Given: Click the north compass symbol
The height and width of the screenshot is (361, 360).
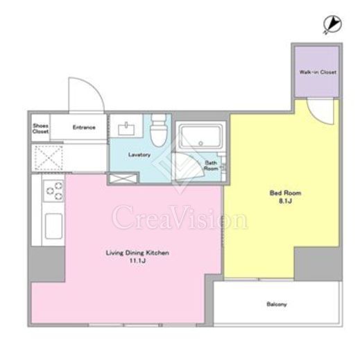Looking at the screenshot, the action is point(332,24).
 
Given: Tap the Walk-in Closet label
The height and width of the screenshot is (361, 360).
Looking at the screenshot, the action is point(318,72).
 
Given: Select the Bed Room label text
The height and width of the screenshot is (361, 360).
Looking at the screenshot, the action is point(285,193).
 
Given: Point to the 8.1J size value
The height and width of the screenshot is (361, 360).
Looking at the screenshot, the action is point(285,201).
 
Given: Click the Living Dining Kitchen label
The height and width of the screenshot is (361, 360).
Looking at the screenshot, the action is point(137,253).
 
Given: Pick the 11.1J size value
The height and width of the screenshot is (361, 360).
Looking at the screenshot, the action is point(137,261).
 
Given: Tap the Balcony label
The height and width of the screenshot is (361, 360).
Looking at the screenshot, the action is point(277,304).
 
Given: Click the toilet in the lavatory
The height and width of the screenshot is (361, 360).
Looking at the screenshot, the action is point(159,131).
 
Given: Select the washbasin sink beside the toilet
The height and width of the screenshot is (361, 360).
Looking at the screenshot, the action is point(126,128).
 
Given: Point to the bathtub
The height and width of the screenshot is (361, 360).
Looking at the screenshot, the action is point(200,136).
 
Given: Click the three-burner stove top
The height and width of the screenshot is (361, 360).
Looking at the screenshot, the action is point(53,191).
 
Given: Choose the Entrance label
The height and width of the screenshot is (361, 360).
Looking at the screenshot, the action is point(84,127).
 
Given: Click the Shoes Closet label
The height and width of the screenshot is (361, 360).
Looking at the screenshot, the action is point(40,128).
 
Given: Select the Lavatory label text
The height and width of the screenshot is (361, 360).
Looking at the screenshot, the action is point(139,155).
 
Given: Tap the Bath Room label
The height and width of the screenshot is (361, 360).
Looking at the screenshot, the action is point(211,165).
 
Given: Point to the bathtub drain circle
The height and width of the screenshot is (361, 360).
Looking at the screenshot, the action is point(200,144).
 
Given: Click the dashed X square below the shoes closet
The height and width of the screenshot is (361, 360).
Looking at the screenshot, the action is point(49,158).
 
